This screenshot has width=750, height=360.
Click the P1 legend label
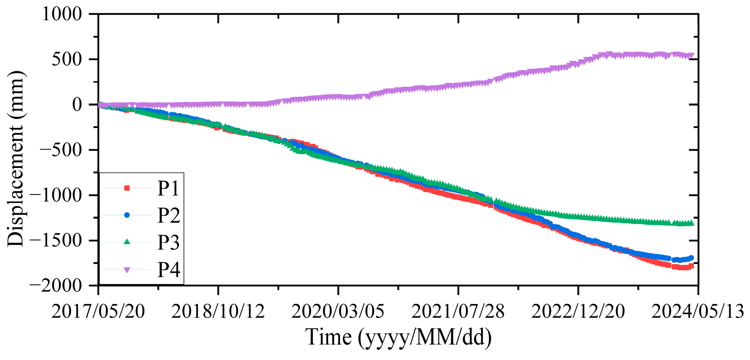(169, 188)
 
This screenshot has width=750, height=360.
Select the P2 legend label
(169, 215)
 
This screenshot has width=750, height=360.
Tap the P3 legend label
(169, 242)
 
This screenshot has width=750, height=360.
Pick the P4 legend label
(169, 269)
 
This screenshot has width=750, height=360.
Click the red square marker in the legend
(127, 188)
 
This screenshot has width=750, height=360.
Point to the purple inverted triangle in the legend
(127, 270)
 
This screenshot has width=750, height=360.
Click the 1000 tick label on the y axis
(61, 14)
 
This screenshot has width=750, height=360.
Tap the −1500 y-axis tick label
(56, 241)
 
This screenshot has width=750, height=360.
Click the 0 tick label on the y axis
(77, 105)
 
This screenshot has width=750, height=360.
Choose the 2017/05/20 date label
(98, 311)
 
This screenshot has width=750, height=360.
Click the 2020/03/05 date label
(338, 311)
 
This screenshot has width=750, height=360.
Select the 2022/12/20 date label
(578, 311)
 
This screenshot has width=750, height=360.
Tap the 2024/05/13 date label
(698, 311)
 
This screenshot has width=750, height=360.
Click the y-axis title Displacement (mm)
(16, 159)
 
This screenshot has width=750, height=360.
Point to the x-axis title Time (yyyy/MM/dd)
(398, 337)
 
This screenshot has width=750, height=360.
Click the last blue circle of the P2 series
(691, 258)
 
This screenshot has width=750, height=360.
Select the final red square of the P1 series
(691, 266)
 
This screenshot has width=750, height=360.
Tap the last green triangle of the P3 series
(691, 223)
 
